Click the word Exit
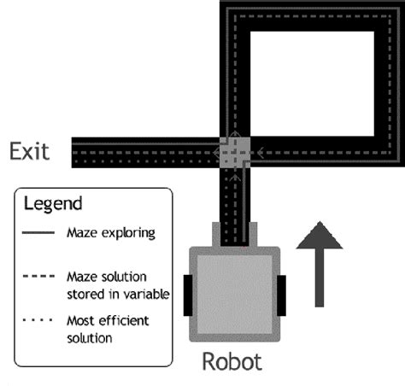click(29, 152)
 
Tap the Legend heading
click(52, 205)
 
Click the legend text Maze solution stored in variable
click(113, 284)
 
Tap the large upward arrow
click(320, 266)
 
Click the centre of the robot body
click(233, 290)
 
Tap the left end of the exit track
click(77, 153)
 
